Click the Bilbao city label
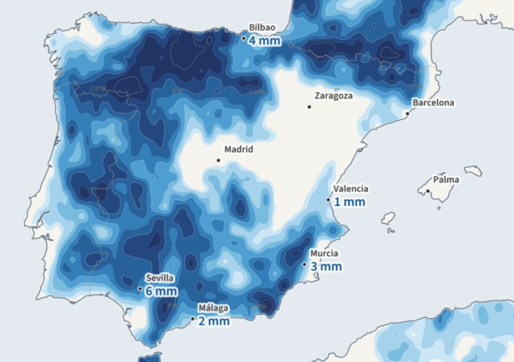coord(263,28)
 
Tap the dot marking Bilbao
coord(244,38)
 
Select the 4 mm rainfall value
coord(265,41)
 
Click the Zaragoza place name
coord(333,95)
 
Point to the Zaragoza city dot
coord(309,106)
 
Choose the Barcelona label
coord(433,102)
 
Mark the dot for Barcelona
coord(408,113)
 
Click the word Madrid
coord(238,149)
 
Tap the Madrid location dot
coord(218,160)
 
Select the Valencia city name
coord(351,189)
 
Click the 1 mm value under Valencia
coord(350,202)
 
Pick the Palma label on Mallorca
coord(446,180)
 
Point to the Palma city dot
coord(428,191)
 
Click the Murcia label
coord(324,254)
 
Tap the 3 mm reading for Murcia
coord(326,267)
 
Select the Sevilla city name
coord(160,278)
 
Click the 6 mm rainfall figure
coord(161,291)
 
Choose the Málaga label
coord(213,308)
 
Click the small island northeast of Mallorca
coord(473,171)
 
